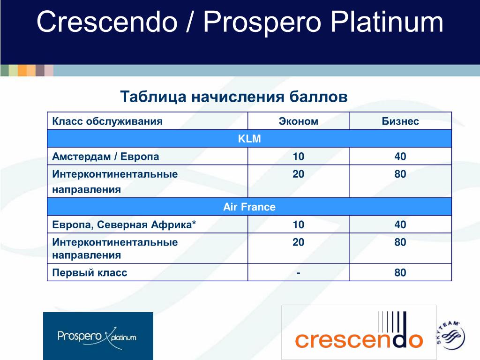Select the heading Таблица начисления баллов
tap(234, 97)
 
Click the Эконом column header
tap(299, 121)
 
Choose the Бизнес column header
tap(400, 121)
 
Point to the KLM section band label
tap(249, 139)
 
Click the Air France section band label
tap(249, 207)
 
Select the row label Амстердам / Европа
tap(105, 157)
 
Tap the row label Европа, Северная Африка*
tap(124, 225)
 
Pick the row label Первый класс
tap(90, 273)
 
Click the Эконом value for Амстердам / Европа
tap(299, 157)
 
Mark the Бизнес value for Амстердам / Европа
tap(400, 157)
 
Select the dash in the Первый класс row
tap(299, 273)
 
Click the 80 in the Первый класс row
tap(400, 272)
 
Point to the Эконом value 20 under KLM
tap(299, 174)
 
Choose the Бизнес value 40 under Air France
tap(400, 225)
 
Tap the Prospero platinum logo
tap(98, 336)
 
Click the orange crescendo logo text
tap(359, 340)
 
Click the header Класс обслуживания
tap(107, 121)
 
